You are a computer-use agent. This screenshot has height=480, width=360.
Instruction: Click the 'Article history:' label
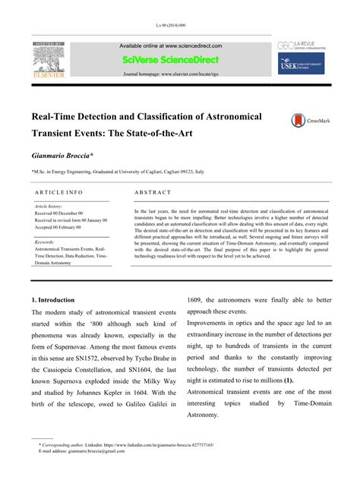click(x=50, y=207)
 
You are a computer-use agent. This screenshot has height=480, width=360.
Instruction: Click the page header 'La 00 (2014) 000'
click(x=179, y=25)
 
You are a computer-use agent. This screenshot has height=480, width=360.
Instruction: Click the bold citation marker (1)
click(x=289, y=379)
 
